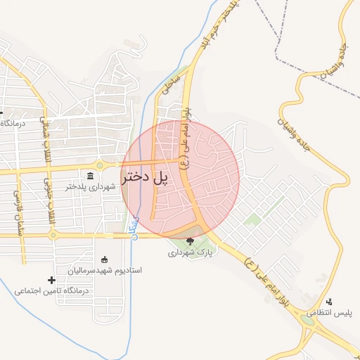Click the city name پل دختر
(146, 177)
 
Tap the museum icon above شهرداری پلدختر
(91, 176)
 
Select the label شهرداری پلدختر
(89, 186)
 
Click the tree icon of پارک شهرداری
(190, 241)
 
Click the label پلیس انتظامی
(332, 312)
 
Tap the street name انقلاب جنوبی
(50, 201)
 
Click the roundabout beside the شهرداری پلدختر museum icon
(100, 166)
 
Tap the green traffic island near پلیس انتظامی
(307, 321)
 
